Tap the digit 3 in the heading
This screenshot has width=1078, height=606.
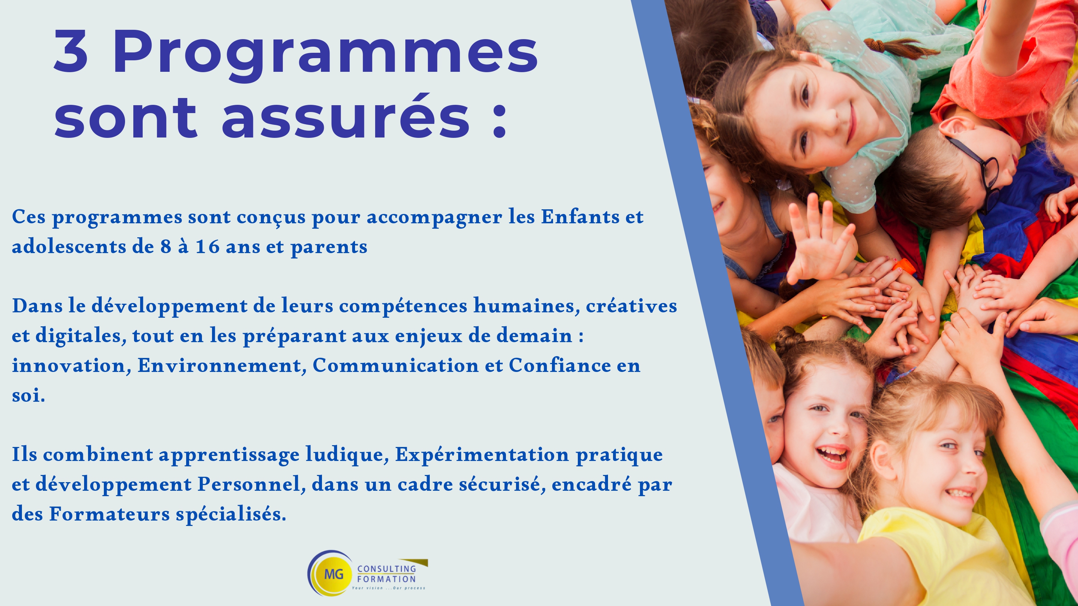tap(71, 51)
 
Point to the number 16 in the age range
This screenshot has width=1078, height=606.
tap(208, 247)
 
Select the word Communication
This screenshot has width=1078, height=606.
tap(396, 365)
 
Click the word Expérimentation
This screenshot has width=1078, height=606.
tap(482, 454)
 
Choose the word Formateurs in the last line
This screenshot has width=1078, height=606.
tap(110, 514)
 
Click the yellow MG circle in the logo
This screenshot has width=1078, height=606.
tap(334, 573)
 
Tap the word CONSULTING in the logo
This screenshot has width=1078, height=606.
tap(387, 569)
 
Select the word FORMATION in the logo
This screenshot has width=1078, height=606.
tap(386, 579)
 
